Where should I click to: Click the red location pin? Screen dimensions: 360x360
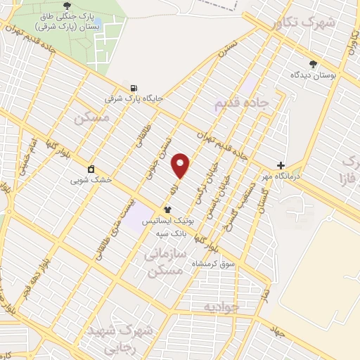coord(181,165)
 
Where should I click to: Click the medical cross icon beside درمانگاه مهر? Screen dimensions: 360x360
coord(281,165)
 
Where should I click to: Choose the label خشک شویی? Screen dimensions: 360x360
coord(91,180)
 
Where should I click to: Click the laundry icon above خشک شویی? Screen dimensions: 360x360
coord(91,169)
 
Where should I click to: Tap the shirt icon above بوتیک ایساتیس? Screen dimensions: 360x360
coord(167,210)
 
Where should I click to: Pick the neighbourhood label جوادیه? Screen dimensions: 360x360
coord(221,307)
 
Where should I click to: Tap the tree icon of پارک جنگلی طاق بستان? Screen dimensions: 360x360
coord(67,6)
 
